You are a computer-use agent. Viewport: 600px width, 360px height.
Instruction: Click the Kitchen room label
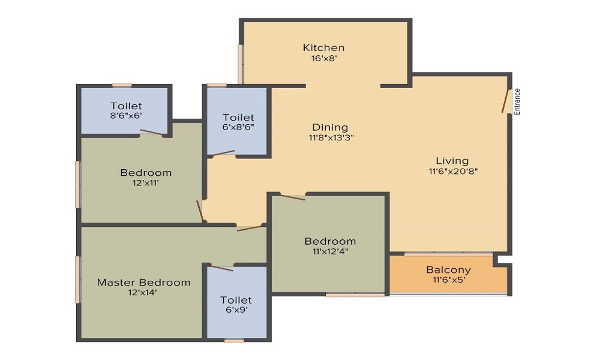[x=324, y=48]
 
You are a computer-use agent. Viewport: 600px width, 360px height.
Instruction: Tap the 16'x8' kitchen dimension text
[x=324, y=59]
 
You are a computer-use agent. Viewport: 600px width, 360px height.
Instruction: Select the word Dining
[x=330, y=127]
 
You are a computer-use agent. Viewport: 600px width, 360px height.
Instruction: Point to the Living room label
[x=452, y=161]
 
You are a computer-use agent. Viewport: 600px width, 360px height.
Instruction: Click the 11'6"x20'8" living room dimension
[x=453, y=171]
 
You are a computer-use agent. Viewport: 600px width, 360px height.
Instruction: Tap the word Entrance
[x=517, y=101]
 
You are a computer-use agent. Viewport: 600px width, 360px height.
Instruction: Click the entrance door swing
[x=505, y=101]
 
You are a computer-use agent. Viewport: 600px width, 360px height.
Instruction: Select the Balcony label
[x=448, y=270]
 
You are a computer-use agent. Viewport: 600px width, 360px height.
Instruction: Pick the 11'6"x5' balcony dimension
[x=449, y=280]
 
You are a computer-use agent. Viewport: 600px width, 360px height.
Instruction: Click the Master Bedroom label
[x=143, y=283]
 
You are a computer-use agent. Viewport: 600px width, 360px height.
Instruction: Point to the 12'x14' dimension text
[x=143, y=293]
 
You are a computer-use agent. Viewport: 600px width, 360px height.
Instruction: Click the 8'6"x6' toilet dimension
[x=126, y=116]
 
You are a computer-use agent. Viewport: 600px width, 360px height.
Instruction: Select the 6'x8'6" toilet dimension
[x=238, y=127]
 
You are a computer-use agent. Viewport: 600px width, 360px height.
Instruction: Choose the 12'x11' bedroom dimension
[x=146, y=183]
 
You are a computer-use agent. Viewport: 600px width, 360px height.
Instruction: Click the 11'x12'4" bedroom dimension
[x=330, y=252]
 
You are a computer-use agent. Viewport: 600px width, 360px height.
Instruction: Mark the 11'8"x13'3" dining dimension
[x=331, y=138]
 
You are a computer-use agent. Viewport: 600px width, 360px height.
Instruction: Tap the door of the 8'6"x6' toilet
[x=152, y=132]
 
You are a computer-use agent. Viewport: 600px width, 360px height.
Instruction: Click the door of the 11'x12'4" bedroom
[x=293, y=197]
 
